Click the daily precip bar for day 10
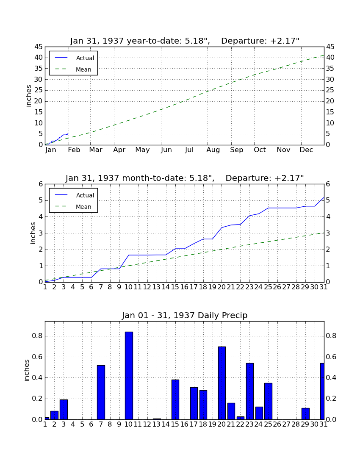pyautogui.click(x=129, y=375)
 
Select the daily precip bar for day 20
pyautogui.click(x=222, y=383)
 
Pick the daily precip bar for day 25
pyautogui.click(x=268, y=401)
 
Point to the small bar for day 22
pyautogui.click(x=241, y=418)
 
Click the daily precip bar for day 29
pyautogui.click(x=305, y=414)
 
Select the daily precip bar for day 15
pyautogui.click(x=175, y=399)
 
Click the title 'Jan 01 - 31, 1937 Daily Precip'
pyautogui.click(x=185, y=315)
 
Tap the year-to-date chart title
pyautogui.click(x=185, y=41)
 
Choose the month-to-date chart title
pyautogui.click(x=185, y=178)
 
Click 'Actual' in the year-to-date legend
pyautogui.click(x=85, y=58)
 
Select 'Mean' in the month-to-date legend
pyautogui.click(x=83, y=207)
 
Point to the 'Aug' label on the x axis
pyautogui.click(x=213, y=150)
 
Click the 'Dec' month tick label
pyautogui.click(x=306, y=150)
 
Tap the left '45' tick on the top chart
pyautogui.click(x=39, y=47)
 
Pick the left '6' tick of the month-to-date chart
pyautogui.click(x=41, y=184)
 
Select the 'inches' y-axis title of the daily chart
pyautogui.click(x=27, y=370)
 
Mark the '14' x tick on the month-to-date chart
pyautogui.click(x=166, y=287)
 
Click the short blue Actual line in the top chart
pyautogui.click(x=57, y=139)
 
